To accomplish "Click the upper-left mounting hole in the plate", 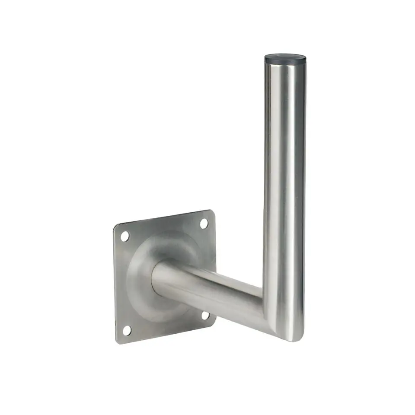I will pos(124,236).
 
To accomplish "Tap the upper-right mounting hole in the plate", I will pos(204,223).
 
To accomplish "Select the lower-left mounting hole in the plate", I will pos(126,331).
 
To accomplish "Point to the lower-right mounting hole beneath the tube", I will pos(205,316).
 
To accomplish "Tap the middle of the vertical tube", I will pos(284,195).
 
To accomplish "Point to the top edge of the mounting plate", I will pos(164,218).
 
